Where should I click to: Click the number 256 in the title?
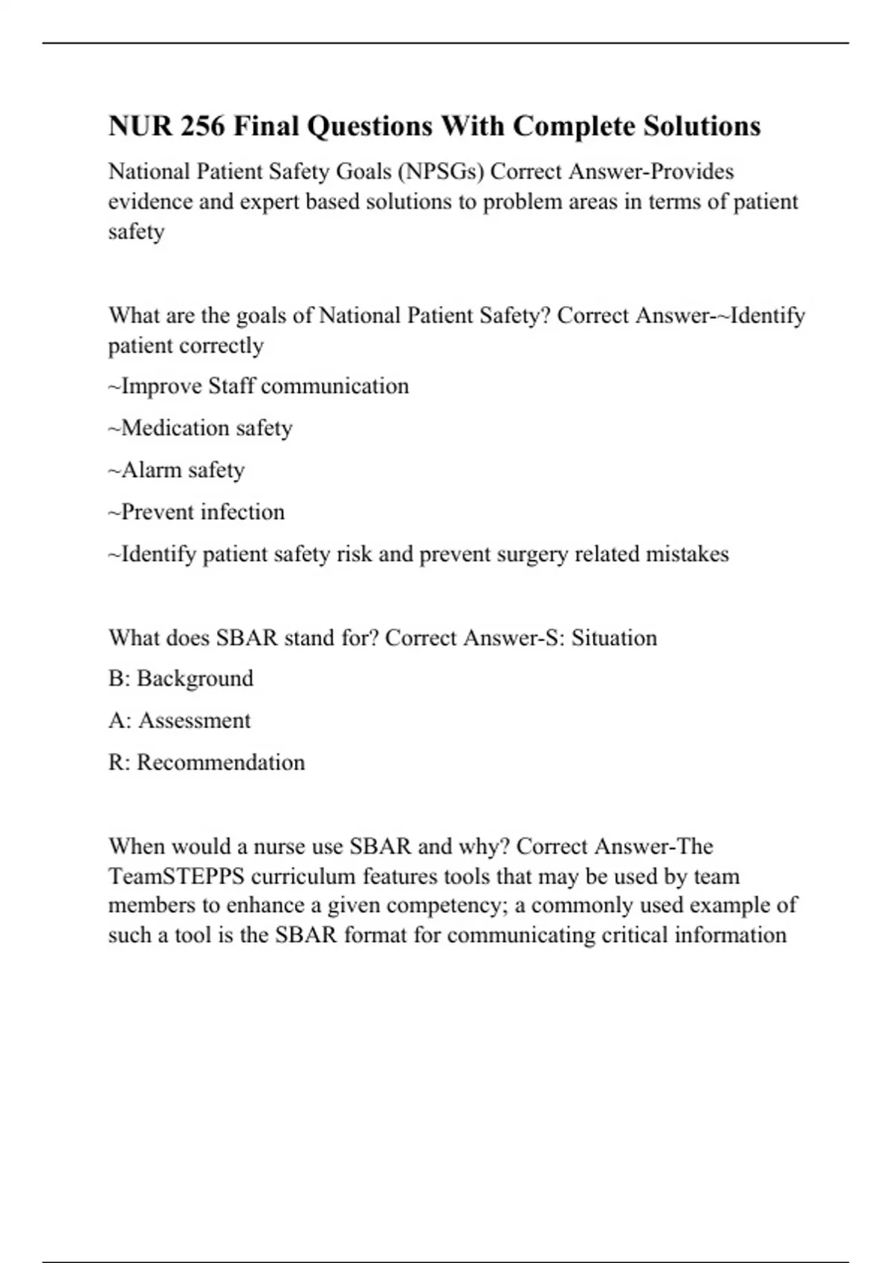tap(202, 126)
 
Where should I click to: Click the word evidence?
tap(149, 201)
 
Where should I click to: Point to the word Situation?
tap(614, 638)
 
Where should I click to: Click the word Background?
tap(195, 678)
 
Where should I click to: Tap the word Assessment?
tap(194, 721)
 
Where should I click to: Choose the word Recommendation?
tap(221, 762)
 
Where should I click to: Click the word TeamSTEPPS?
tap(176, 877)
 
